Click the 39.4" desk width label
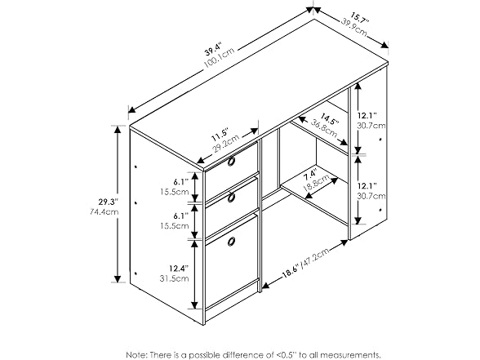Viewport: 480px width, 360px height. tap(213, 49)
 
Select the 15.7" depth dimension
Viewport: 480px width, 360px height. tap(360, 19)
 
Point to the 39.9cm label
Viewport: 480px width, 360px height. tap(354, 27)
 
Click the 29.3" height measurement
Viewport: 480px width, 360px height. tap(108, 202)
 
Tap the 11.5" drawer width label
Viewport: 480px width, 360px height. tap(220, 134)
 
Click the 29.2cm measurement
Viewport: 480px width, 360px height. tap(226, 144)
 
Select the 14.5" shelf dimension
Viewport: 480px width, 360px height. tap(330, 120)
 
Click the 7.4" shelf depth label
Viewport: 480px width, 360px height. tap(310, 175)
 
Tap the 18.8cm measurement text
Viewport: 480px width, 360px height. tap(317, 183)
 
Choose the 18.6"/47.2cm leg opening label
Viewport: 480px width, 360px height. tap(305, 262)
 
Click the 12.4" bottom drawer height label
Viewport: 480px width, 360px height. tap(179, 269)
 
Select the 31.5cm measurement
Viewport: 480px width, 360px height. tap(174, 278)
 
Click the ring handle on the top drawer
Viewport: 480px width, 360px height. tap(231, 162)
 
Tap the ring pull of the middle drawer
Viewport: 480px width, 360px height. tap(231, 198)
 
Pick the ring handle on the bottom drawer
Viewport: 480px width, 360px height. tap(232, 242)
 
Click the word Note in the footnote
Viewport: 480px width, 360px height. tap(137, 355)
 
